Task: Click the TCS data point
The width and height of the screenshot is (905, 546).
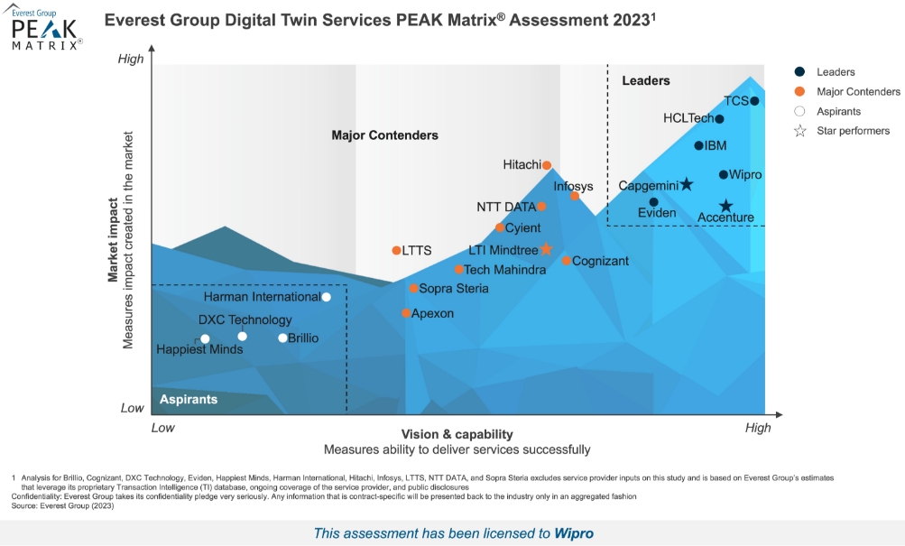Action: coord(754,101)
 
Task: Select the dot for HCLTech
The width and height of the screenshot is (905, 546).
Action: coord(719,118)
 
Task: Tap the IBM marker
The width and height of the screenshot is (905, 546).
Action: coord(698,145)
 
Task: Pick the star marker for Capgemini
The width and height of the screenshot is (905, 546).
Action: coord(687,184)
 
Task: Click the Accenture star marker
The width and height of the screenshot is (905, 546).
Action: coord(725,207)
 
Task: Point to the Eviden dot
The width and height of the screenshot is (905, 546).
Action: coord(653,202)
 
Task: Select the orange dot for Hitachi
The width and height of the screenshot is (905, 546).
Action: coord(547,165)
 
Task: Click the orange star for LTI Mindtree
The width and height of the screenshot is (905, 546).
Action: coord(546,249)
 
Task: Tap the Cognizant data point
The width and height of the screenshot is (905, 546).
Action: coord(567,261)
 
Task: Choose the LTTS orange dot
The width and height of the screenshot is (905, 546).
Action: coord(396,250)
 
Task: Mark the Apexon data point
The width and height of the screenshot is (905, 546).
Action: coord(406,313)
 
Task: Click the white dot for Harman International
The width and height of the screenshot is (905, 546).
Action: coord(327,297)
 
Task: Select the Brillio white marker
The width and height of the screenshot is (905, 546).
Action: coord(282,338)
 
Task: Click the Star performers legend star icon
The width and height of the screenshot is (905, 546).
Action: coord(799,131)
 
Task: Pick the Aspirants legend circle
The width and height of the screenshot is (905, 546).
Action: coord(799,111)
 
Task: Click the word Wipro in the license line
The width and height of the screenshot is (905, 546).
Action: coord(574,533)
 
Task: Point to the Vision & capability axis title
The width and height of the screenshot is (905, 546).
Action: coord(457,434)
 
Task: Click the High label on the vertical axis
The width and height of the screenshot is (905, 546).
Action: coord(131,60)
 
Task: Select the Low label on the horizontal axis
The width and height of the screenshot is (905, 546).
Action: coord(163,428)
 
